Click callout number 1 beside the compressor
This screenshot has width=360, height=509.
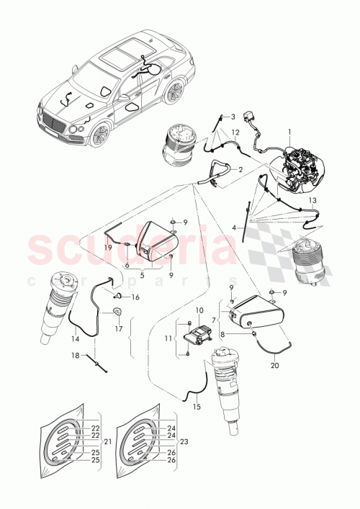click(x=290, y=132)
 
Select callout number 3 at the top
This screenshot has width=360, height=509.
click(x=233, y=116)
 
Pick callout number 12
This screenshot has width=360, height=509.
click(x=235, y=132)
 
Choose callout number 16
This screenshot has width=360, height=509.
click(x=135, y=297)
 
